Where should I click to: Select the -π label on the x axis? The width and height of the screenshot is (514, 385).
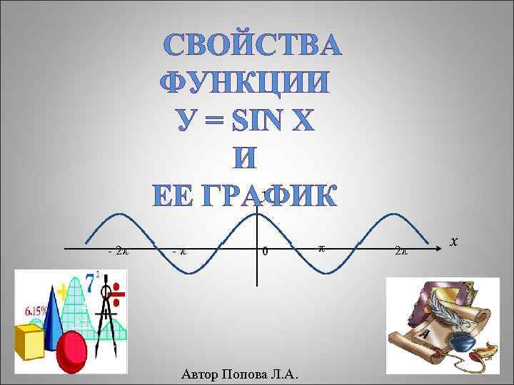coord(180,251)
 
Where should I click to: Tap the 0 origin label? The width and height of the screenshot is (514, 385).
coord(265,252)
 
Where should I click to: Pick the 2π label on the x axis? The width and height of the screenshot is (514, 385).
coord(401,251)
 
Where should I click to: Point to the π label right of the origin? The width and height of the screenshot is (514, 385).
coord(321,247)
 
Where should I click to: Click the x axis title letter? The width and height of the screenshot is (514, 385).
coord(453,242)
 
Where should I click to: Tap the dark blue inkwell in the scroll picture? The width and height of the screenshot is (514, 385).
coord(465,342)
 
